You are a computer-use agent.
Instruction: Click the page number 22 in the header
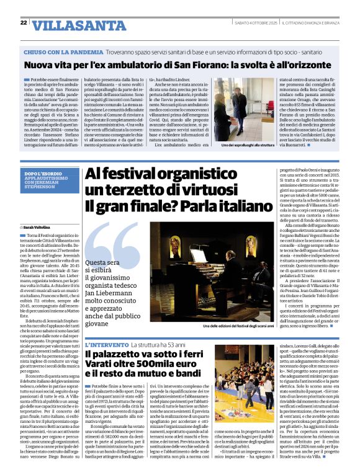(24, 23)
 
